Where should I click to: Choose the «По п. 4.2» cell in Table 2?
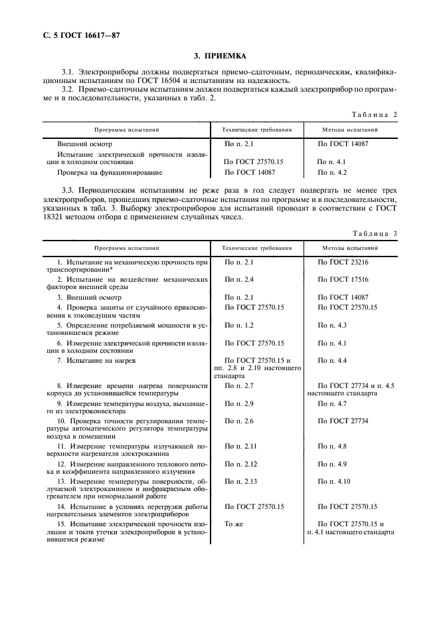tap(333, 172)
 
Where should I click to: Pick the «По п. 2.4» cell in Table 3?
tap(239, 280)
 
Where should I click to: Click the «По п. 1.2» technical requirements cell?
tap(239, 325)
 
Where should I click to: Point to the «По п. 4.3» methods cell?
tap(333, 325)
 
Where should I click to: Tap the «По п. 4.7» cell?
tap(333, 403)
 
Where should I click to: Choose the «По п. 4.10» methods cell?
tap(335, 480)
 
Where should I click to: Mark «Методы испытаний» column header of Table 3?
tap(350, 248)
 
